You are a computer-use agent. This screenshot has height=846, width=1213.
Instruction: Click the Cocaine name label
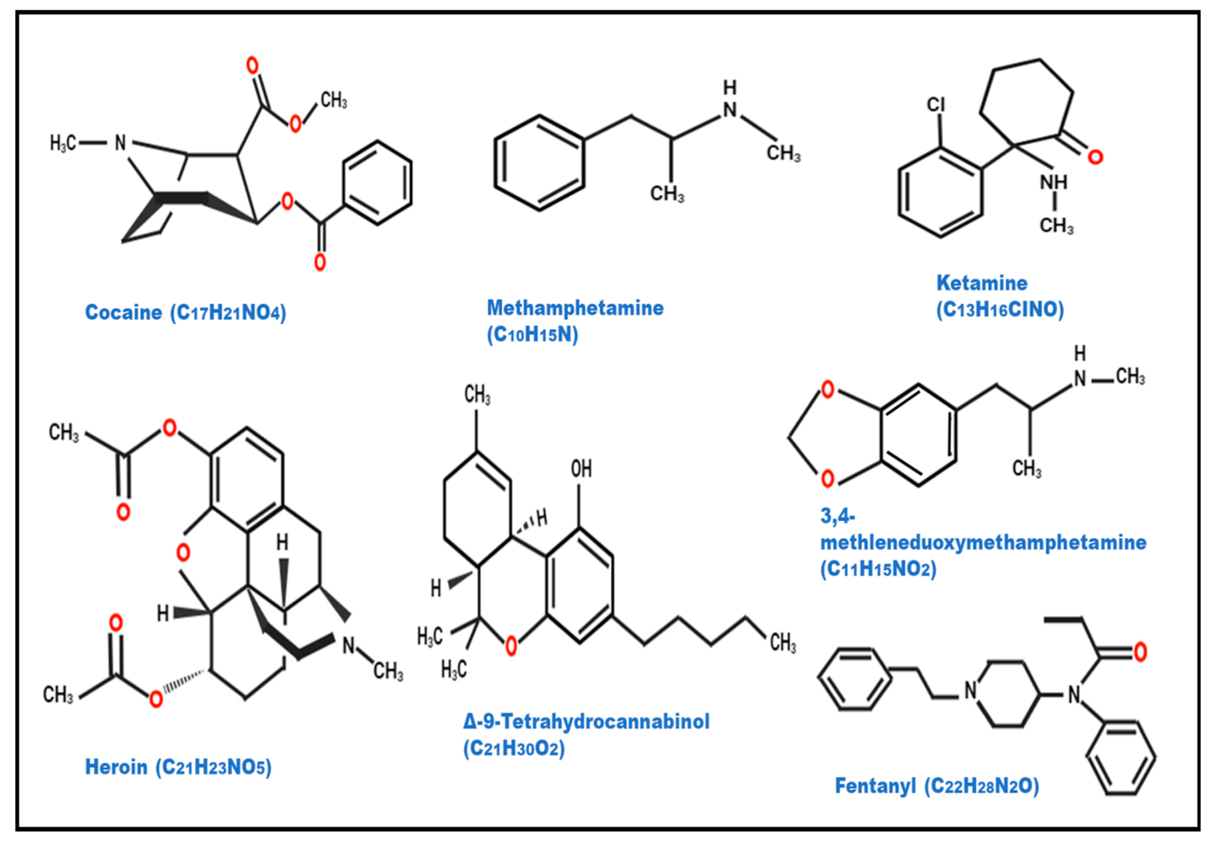pos(123,312)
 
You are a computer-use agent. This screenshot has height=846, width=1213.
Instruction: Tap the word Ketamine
pos(982,283)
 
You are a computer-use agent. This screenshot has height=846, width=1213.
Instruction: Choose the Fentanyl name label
pos(875,786)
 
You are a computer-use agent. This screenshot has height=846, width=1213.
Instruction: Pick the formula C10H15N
pos(532,335)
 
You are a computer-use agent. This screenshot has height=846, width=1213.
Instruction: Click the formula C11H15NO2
pos(878,569)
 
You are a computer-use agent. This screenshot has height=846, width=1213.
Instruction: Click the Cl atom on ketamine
pos(936,105)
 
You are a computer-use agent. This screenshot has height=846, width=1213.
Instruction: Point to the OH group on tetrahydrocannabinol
pos(581,469)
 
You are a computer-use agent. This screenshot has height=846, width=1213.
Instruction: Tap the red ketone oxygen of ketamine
pos(1095,157)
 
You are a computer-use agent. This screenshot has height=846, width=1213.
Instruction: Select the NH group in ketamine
pos(1053,182)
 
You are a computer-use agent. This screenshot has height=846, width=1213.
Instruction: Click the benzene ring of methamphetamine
pos(540,163)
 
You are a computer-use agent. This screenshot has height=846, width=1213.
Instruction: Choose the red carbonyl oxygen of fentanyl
pos(1140,652)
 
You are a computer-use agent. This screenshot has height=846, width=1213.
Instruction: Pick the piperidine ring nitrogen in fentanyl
pos(971,690)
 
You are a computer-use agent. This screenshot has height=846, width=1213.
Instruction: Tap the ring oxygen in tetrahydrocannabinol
pos(511,646)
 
